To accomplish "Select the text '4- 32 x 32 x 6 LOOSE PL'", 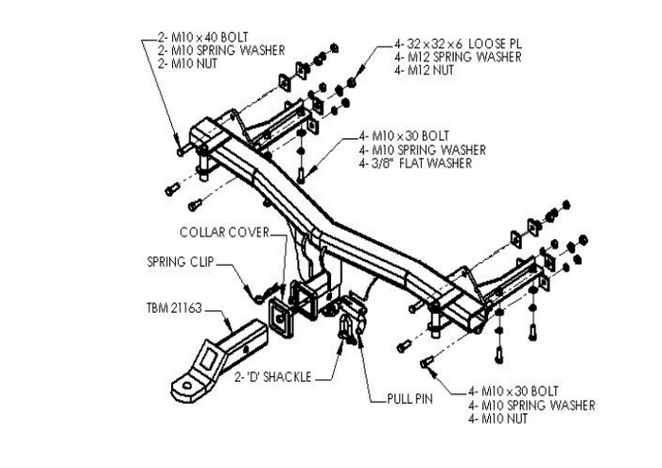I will (x=459, y=43).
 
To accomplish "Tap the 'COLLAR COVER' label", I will (x=223, y=232).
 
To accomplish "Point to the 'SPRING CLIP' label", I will (x=181, y=261).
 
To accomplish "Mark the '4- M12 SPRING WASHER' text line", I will (x=457, y=57).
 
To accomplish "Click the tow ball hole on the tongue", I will (x=187, y=386).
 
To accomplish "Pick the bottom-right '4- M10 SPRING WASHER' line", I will (x=531, y=405).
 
